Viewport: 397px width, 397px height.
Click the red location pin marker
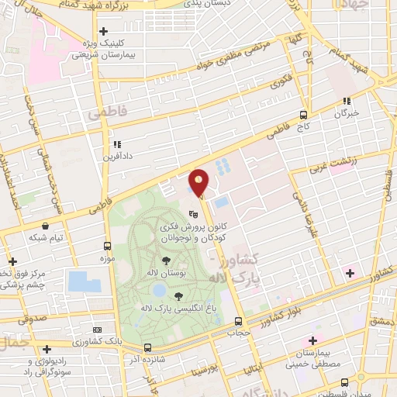click(199, 183)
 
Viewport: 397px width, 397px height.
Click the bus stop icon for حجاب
click(238, 320)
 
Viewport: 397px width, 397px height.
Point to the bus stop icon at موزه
click(107, 246)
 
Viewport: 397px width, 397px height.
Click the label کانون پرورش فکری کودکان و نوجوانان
click(186, 233)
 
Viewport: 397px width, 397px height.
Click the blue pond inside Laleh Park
click(160, 291)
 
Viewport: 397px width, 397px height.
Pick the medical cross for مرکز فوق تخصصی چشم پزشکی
click(10, 261)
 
